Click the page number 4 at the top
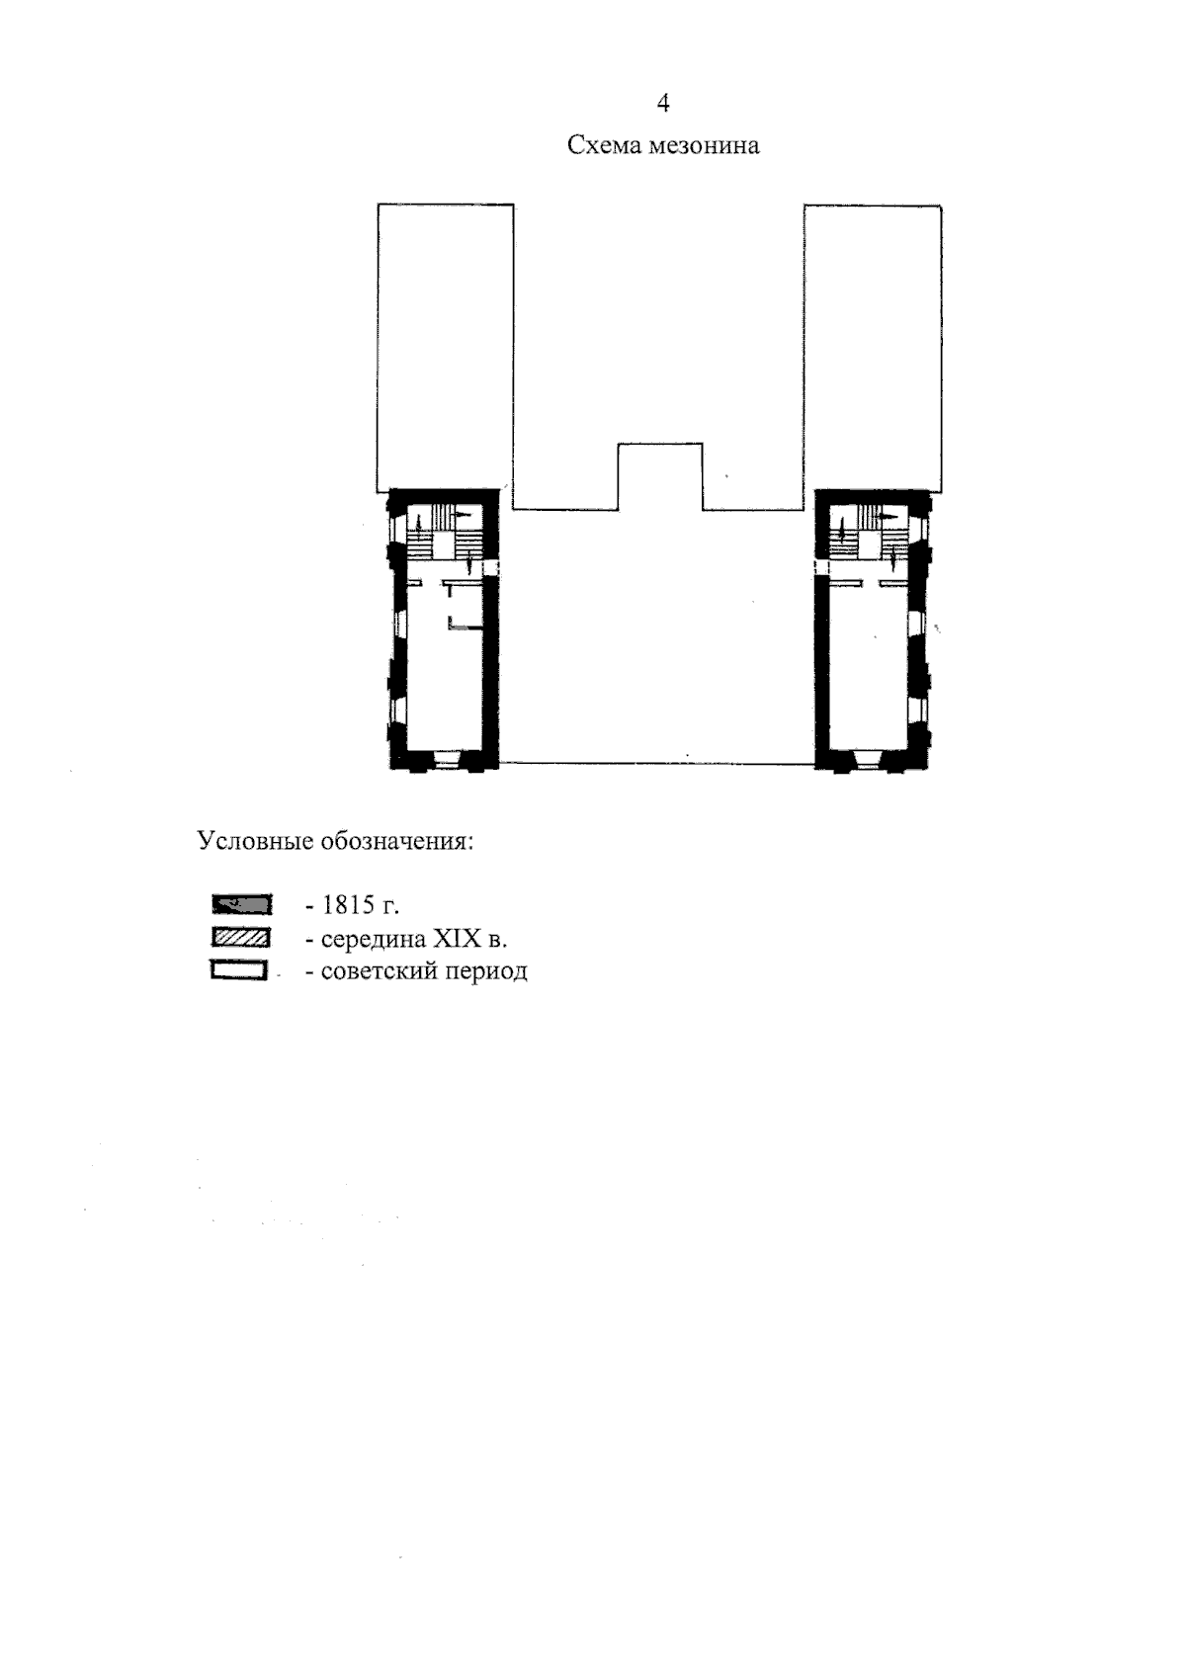pyautogui.click(x=662, y=103)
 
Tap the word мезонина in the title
pyautogui.click(x=704, y=145)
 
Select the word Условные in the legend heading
pyautogui.click(x=255, y=841)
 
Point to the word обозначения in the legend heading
pyautogui.click(x=397, y=842)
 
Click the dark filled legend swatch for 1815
pyautogui.click(x=241, y=904)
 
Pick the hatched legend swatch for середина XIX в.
pyautogui.click(x=240, y=938)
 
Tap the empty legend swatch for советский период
pyautogui.click(x=239, y=971)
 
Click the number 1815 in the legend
pyautogui.click(x=348, y=905)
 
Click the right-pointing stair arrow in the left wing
pyautogui.click(x=464, y=515)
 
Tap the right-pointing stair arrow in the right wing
pyautogui.click(x=889, y=517)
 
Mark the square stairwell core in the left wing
pyautogui.click(x=444, y=545)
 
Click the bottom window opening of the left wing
pyautogui.click(x=447, y=760)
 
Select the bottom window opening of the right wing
pyautogui.click(x=870, y=760)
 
